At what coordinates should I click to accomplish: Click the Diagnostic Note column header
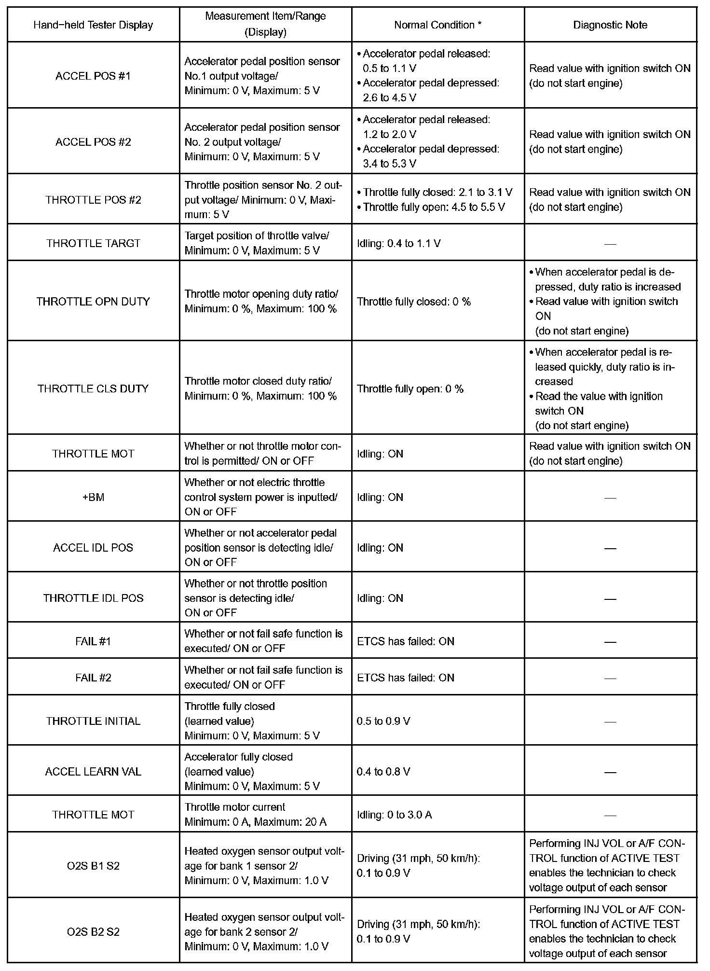point(610,25)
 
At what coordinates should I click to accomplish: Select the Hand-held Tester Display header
point(93,25)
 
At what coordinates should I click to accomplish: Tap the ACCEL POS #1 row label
point(93,76)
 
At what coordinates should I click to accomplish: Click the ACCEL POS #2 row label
point(93,142)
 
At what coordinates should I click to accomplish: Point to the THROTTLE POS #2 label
point(93,200)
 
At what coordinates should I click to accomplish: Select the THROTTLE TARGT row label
point(93,243)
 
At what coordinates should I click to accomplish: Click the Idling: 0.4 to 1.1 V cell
point(399,243)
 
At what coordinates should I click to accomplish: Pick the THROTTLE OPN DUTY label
point(93,302)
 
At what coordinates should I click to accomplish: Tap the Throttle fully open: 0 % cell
point(410,389)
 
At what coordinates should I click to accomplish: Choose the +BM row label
point(93,497)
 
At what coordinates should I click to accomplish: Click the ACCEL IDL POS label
point(93,548)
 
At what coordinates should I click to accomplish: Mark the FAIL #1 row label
point(93,641)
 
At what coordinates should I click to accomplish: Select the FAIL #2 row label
point(93,678)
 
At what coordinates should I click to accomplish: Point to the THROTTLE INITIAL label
point(93,721)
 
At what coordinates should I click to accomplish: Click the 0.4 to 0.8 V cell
point(383,772)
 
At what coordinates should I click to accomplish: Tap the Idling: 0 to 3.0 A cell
point(395,815)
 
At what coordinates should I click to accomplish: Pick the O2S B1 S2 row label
point(93,866)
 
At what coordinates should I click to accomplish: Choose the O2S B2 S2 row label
point(93,931)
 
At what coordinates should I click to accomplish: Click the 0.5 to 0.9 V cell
point(383,721)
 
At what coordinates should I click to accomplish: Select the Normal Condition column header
point(437,25)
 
